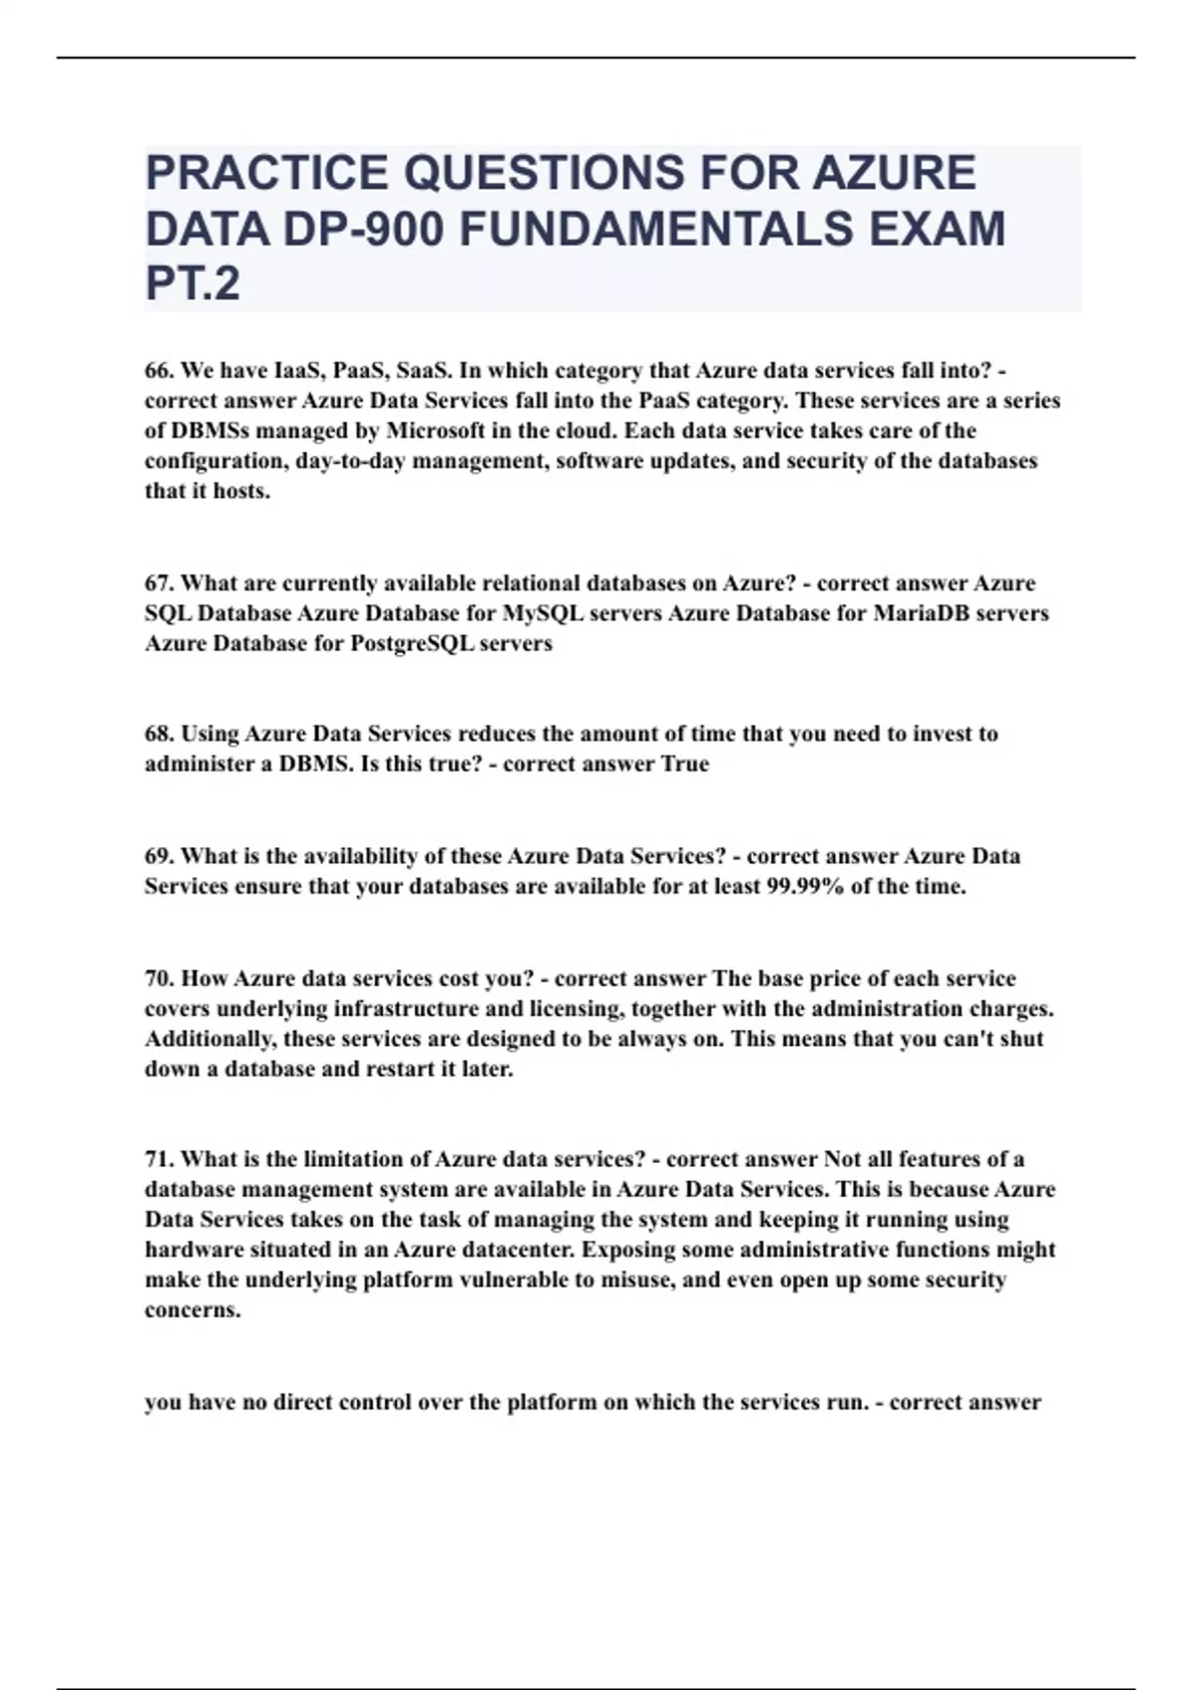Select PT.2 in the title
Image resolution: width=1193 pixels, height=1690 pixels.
coord(193,284)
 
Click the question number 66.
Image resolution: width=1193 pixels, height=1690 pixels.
coord(159,371)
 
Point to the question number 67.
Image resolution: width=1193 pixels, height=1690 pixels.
coord(159,584)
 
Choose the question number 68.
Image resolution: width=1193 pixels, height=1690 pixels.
coord(159,735)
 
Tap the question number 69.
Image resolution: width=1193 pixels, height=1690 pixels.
coord(159,857)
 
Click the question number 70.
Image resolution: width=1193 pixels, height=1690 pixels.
coord(159,979)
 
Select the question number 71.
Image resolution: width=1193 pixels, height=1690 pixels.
coord(159,1160)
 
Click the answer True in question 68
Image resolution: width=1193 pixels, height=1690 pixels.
coord(685,764)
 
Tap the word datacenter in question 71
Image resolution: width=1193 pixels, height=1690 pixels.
coord(518,1251)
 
